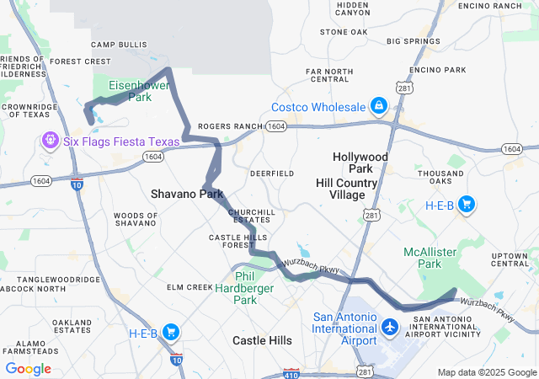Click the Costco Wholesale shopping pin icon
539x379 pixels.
pyautogui.click(x=379, y=106)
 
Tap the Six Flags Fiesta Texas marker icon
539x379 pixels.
pyautogui.click(x=51, y=140)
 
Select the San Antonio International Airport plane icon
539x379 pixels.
pyautogui.click(x=390, y=326)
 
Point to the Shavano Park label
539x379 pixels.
pyautogui.click(x=187, y=194)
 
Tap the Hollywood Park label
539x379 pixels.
pyautogui.click(x=360, y=163)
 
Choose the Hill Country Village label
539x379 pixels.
pyautogui.click(x=352, y=189)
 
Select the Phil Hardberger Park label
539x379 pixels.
pyautogui.click(x=245, y=287)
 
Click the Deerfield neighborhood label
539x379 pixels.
pyautogui.click(x=271, y=173)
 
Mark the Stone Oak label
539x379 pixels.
pyautogui.click(x=344, y=32)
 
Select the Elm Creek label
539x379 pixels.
pyautogui.click(x=189, y=287)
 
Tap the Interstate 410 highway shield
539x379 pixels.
pyautogui.click(x=291, y=371)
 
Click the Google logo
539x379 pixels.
pyautogui.click(x=28, y=369)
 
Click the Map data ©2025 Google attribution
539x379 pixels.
pyautogui.click(x=487, y=372)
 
